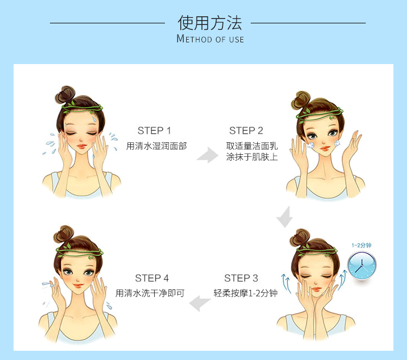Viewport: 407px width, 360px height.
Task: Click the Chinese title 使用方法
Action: pyautogui.click(x=210, y=23)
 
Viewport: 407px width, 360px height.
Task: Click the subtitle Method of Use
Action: pyautogui.click(x=210, y=39)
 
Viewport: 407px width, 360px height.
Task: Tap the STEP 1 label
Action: pyautogui.click(x=154, y=130)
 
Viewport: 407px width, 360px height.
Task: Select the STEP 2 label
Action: pyautogui.click(x=246, y=130)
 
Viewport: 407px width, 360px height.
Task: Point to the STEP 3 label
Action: pyautogui.click(x=241, y=278)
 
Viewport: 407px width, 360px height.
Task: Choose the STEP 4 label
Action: pyautogui.click(x=152, y=278)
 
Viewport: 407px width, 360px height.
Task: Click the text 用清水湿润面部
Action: pyautogui.click(x=156, y=146)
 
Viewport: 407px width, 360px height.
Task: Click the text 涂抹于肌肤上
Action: pyautogui.click(x=252, y=157)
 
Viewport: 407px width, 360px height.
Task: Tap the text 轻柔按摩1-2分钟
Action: pyautogui.click(x=245, y=293)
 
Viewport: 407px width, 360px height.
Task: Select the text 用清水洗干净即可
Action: pyautogui.click(x=150, y=293)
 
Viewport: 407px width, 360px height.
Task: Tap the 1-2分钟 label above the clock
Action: pyautogui.click(x=361, y=245)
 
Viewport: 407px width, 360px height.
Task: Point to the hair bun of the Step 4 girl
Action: pyautogui.click(x=64, y=235)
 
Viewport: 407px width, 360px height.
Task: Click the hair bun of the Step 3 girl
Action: pyautogui.click(x=300, y=238)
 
